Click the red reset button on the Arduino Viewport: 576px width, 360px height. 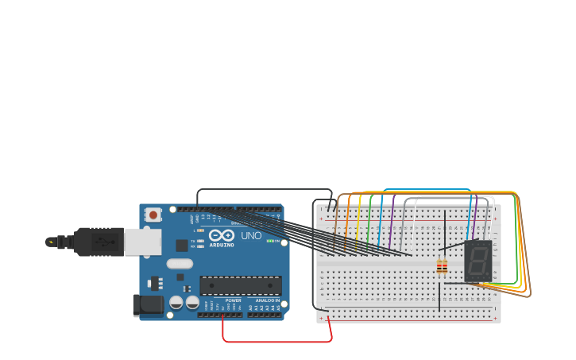pyautogui.click(x=153, y=215)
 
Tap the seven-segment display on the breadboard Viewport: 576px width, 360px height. pyautogui.click(x=477, y=261)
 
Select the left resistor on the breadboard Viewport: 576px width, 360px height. pyautogui.click(x=439, y=267)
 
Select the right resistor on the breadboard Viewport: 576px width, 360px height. pyautogui.click(x=444, y=267)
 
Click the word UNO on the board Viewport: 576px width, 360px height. pyautogui.click(x=251, y=236)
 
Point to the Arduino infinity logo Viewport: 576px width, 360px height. pyautogui.click(x=222, y=235)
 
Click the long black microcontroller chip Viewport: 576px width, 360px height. pyautogui.click(x=241, y=285)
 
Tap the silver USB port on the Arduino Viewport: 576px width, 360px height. pyautogui.click(x=142, y=242)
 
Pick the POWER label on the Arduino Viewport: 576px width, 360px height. pyautogui.click(x=233, y=300)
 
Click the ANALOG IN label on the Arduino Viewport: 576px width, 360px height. pyautogui.click(x=268, y=300)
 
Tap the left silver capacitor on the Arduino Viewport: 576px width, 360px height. pyautogui.click(x=176, y=303)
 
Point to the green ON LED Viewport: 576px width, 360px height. pyautogui.click(x=269, y=241)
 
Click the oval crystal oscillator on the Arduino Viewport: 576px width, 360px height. pyautogui.click(x=180, y=264)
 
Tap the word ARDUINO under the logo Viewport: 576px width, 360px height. pyautogui.click(x=222, y=245)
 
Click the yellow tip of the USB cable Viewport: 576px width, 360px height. pyautogui.click(x=51, y=242)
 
